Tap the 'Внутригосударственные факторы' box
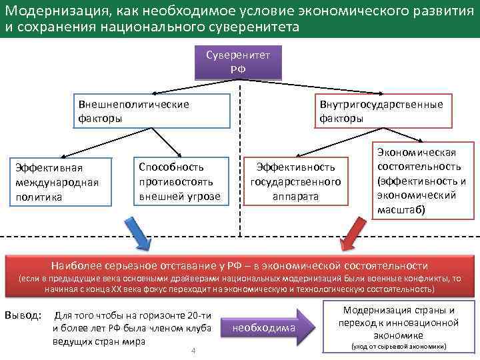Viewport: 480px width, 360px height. click(381, 111)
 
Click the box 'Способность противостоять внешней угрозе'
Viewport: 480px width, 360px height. click(178, 181)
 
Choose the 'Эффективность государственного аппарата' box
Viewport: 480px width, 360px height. click(295, 181)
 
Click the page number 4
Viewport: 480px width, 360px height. click(193, 351)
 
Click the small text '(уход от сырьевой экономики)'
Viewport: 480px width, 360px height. click(399, 347)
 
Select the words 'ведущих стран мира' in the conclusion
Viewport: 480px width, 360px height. click(99, 341)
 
